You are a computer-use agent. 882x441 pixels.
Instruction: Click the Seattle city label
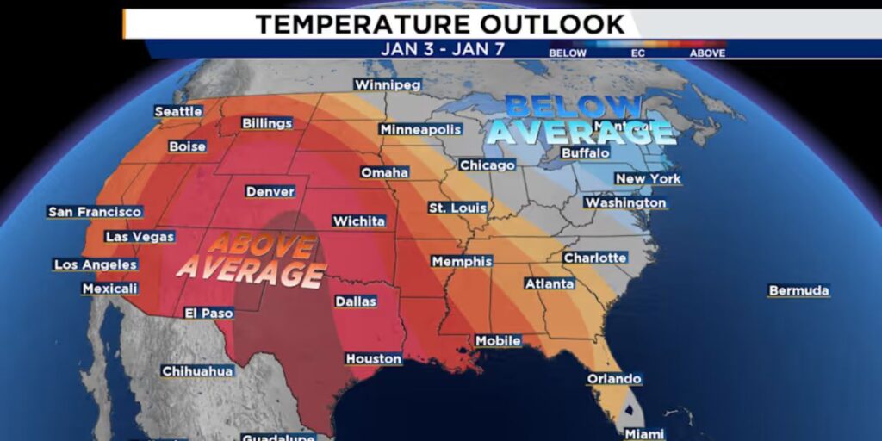click(x=178, y=111)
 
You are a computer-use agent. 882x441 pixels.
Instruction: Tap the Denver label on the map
click(x=270, y=191)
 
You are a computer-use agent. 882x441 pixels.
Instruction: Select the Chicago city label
click(x=487, y=165)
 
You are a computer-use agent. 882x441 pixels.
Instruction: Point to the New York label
click(x=648, y=178)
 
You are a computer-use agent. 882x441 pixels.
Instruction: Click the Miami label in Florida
click(x=644, y=433)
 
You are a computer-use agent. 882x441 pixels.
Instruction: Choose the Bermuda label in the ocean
click(x=798, y=290)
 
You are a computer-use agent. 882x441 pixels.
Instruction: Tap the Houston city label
click(x=374, y=358)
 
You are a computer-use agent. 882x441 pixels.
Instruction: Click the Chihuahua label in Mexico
click(x=197, y=370)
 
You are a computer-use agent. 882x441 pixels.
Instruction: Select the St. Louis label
click(x=457, y=208)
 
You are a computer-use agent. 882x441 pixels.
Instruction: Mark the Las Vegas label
click(x=140, y=236)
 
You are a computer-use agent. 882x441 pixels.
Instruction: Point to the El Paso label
click(x=208, y=313)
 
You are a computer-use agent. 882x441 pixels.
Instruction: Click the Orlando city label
click(x=614, y=378)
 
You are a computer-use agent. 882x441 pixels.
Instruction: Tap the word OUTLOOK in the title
click(x=542, y=23)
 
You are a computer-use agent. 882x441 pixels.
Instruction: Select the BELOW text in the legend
click(x=568, y=53)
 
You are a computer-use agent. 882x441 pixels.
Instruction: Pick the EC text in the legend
click(x=637, y=53)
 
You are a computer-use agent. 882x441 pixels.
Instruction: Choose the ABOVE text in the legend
click(x=707, y=53)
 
